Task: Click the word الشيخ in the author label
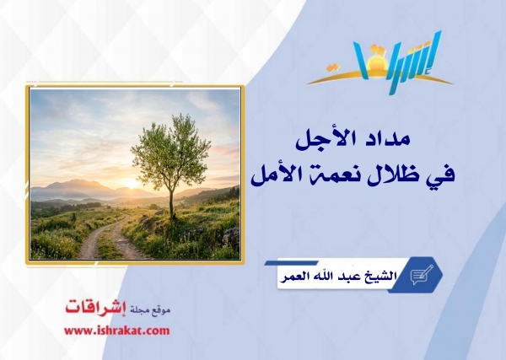[381, 277]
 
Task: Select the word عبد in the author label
[350, 277]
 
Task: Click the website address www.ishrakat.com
[117, 330]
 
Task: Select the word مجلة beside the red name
[139, 310]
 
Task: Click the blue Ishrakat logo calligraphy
[400, 62]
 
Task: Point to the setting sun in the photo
[132, 184]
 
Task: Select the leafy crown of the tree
[171, 151]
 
